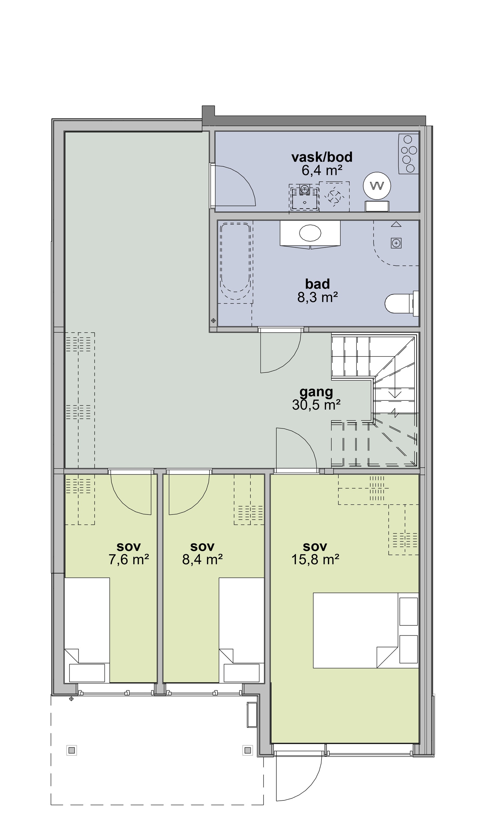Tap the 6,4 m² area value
coord(322,171)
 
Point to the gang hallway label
coord(316,392)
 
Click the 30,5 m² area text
coord(316,405)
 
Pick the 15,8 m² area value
coord(315,559)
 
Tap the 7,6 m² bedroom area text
coord(129,559)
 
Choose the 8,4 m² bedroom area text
coord(203,559)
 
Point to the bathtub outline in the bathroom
coord(235,262)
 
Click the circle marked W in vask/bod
coord(377,186)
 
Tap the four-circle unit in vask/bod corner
coord(409,154)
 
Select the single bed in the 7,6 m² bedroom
coord(87,630)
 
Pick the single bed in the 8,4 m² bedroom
coord(241,630)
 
